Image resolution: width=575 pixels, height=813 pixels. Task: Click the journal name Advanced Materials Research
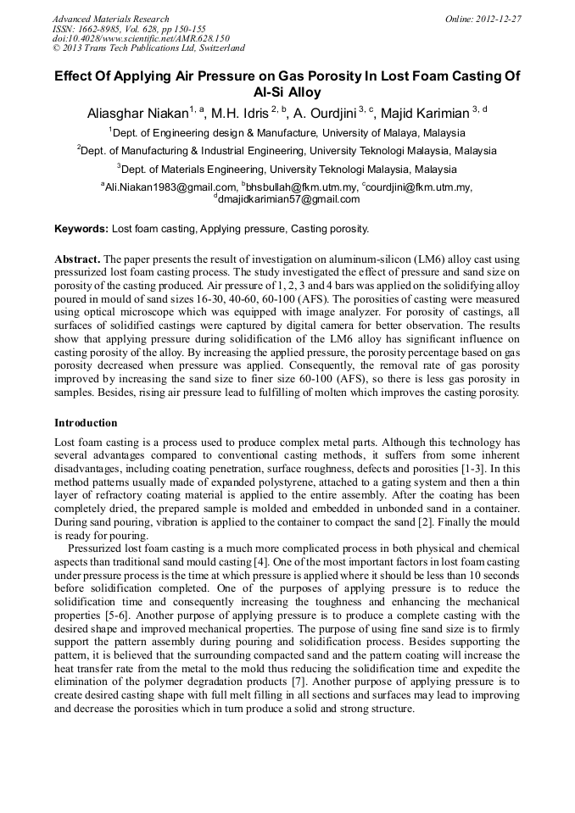click(110, 19)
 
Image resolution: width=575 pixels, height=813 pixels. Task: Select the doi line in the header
click(141, 38)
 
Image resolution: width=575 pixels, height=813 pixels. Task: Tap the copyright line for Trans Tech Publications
click(148, 48)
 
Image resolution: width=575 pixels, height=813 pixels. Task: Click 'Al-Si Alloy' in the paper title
click(287, 93)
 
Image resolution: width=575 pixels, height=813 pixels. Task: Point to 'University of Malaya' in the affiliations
click(366, 133)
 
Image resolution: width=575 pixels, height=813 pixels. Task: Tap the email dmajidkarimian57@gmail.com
click(288, 199)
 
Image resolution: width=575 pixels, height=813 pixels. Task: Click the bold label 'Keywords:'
click(81, 229)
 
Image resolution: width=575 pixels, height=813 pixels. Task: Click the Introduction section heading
click(86, 422)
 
